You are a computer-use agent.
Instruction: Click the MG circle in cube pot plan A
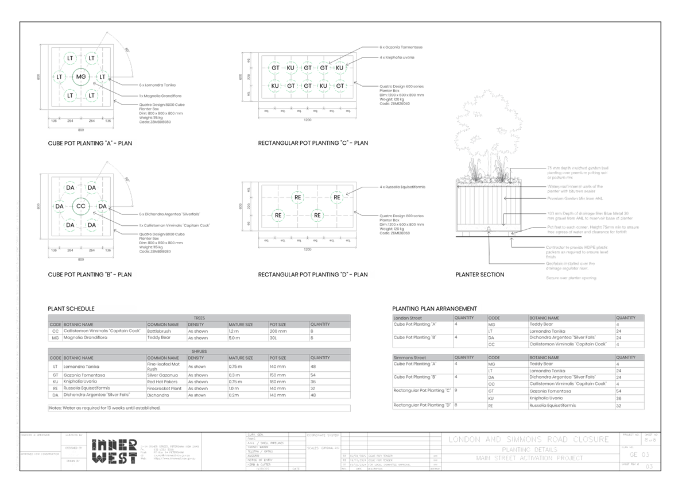[81, 76]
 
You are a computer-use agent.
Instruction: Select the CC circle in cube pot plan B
[81, 206]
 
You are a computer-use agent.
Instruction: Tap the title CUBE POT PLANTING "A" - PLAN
[92, 143]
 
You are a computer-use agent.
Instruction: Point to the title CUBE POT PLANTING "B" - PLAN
[91, 275]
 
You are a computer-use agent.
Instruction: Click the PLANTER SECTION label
[480, 275]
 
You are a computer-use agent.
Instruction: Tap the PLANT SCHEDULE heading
[71, 309]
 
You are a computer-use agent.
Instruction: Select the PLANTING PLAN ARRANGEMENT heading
[434, 309]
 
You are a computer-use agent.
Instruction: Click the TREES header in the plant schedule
[199, 318]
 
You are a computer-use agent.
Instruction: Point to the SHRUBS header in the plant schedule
[199, 351]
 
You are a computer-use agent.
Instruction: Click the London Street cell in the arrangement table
[408, 318]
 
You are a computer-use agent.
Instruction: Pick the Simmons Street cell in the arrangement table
[410, 357]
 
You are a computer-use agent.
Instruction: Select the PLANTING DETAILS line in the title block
[529, 449]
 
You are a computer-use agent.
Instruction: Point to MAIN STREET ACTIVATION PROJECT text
[529, 459]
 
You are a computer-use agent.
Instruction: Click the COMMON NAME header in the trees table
[163, 325]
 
